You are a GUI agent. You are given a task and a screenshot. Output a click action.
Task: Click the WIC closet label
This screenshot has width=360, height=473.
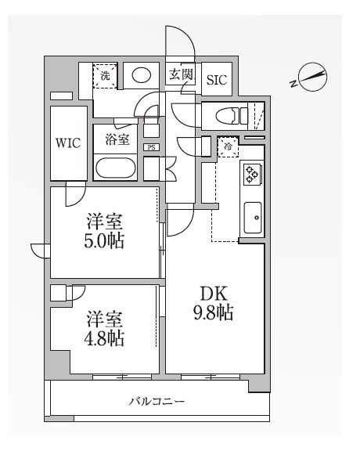coord(68,143)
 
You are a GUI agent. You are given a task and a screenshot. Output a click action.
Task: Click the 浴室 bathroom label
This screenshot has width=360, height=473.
coord(117,139)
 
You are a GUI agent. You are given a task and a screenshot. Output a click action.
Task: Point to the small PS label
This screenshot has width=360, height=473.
coord(151,146)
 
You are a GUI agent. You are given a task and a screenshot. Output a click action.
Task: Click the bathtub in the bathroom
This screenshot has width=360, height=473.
coord(116,168)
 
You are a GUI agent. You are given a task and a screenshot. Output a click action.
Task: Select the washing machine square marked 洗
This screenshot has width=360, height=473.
coord(106,76)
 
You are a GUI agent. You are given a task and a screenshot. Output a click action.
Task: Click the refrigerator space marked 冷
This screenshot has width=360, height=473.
coord(229,147)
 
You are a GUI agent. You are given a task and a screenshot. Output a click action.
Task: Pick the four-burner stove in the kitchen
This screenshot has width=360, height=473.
coord(253,174)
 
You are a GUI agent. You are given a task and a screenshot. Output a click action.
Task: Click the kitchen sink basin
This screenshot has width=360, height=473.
coord(253,217)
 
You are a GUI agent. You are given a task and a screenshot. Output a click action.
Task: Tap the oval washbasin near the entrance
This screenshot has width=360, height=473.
coord(141,76)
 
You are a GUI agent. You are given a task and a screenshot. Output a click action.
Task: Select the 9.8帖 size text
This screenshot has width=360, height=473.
coord(213,314)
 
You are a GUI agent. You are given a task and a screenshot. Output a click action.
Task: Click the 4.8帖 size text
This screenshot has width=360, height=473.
coord(104,339)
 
